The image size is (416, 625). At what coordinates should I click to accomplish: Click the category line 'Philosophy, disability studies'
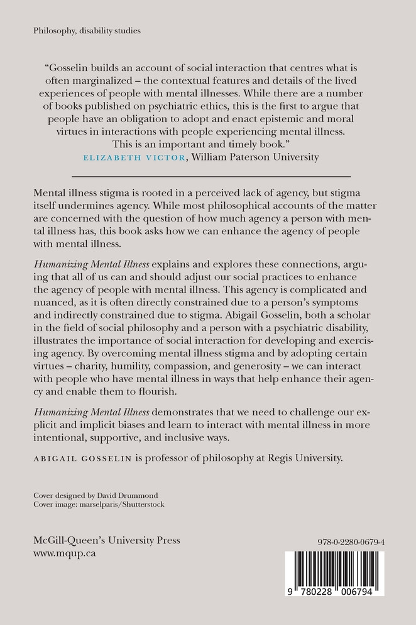87,30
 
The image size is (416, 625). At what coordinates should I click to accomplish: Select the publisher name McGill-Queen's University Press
106,540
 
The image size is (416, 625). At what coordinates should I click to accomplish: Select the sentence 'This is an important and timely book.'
208,144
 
